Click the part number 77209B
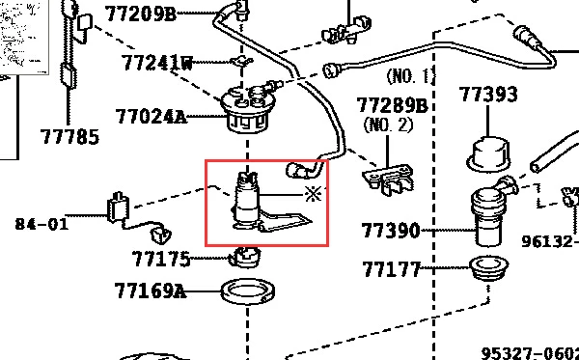pos(140,14)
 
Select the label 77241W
pos(157,63)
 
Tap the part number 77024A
pos(151,117)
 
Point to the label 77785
pos(69,137)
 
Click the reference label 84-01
pos(41,224)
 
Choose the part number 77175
pos(161,259)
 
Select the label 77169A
pos(150,291)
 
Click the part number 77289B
pos(392,105)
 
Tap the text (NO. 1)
pos(409,76)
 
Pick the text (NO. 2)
pos(388,125)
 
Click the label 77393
pos(488,95)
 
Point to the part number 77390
pos(391,231)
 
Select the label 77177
pos(392,269)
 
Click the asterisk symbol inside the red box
pos(313,194)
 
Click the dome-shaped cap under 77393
pos(488,154)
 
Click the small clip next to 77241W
pos(241,62)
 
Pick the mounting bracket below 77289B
pos(387,180)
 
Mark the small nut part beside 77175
pos(244,257)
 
